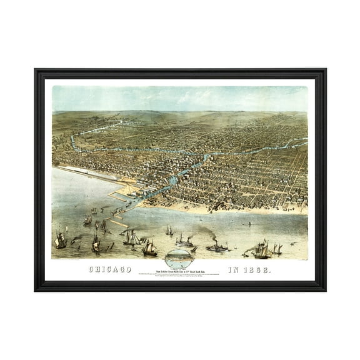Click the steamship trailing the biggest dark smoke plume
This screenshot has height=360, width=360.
(x=217, y=247)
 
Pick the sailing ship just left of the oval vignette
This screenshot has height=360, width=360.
(x=149, y=247)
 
